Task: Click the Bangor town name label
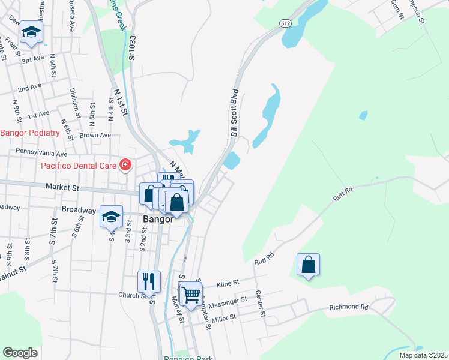(158, 219)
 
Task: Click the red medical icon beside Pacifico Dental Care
(125, 164)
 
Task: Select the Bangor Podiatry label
(30, 133)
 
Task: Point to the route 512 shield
(285, 23)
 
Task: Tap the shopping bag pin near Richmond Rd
(308, 265)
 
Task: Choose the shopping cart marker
(191, 294)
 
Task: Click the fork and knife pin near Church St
(149, 281)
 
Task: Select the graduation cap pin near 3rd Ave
(31, 32)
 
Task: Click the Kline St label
(228, 281)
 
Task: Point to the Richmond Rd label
(348, 307)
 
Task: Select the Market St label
(62, 188)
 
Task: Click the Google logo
(20, 353)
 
